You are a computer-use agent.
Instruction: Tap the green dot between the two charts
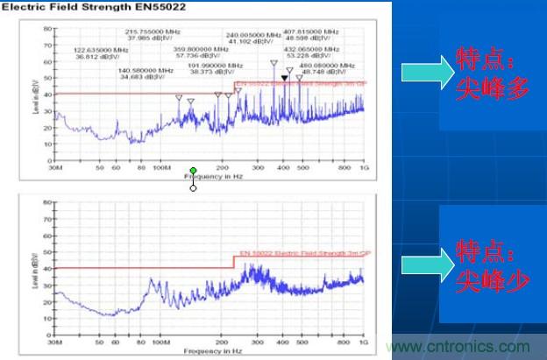pos(193,171)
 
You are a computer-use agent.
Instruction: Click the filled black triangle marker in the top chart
pos(285,78)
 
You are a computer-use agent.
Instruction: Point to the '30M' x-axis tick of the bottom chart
pos(56,341)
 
